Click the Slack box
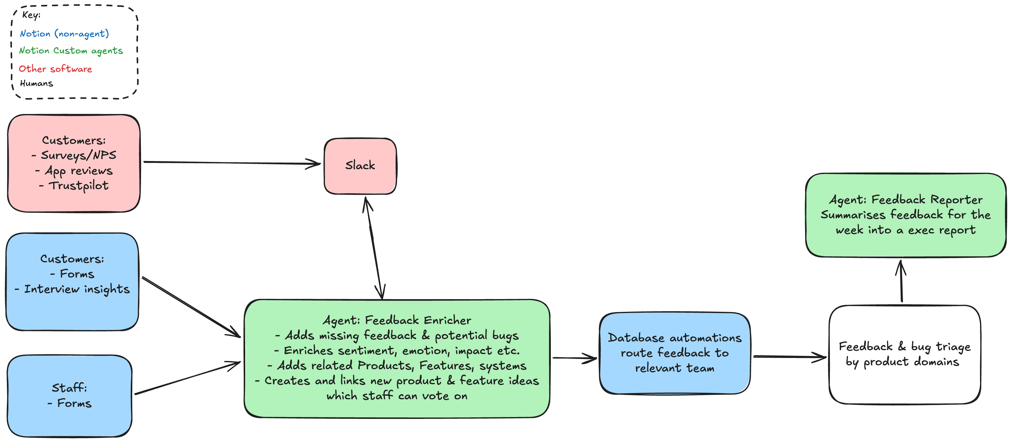click(360, 166)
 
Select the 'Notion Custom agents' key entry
click(71, 51)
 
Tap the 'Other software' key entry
click(55, 69)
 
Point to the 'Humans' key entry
click(37, 84)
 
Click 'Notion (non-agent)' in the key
click(64, 34)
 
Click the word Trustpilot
click(78, 185)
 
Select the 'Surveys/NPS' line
click(78, 155)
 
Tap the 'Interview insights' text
click(77, 289)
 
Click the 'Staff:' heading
click(69, 388)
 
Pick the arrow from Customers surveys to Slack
click(232, 163)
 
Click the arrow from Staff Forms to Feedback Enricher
click(188, 378)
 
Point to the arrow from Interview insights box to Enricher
click(191, 307)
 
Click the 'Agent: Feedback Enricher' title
click(397, 320)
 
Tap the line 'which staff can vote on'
click(397, 396)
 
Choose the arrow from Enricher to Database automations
click(574, 358)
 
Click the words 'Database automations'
click(675, 338)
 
